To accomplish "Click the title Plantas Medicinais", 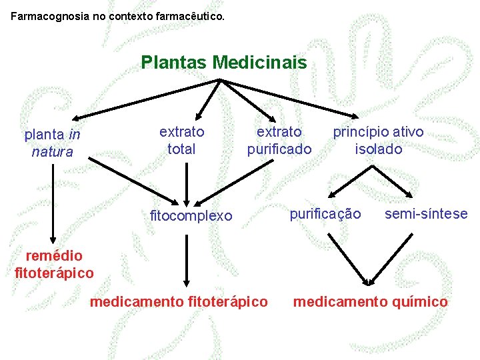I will point(224,63).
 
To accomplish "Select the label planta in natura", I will point(53,143).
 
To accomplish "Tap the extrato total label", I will point(181,141).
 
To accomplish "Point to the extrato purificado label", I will point(279,141).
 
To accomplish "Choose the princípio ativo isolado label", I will point(378,141).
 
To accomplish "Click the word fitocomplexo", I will point(191,215).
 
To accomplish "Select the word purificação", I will point(325,214).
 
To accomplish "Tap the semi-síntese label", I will point(426,214).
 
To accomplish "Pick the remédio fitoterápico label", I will point(54,264).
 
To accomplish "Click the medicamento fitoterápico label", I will point(179,302).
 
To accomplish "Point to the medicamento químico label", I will point(371,302).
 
